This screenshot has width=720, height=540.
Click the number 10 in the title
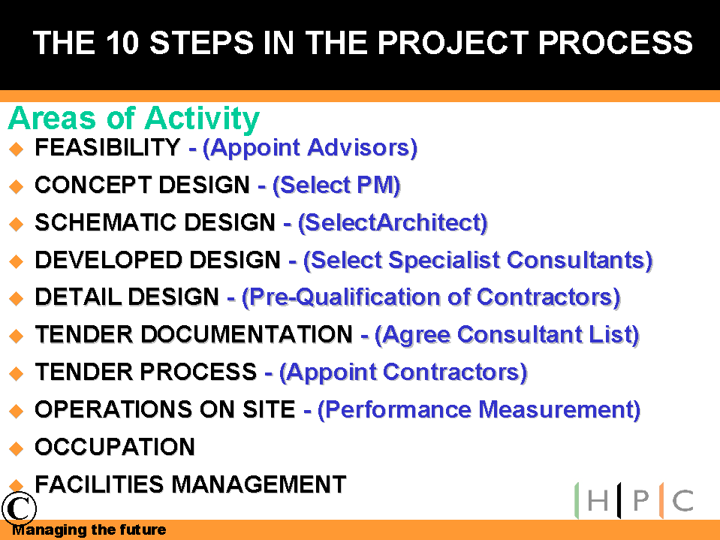(122, 43)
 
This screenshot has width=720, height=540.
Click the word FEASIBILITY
(107, 147)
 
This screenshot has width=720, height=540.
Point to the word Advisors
(363, 148)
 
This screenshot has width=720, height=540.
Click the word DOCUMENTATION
(246, 334)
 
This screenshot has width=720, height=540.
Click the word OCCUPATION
(115, 447)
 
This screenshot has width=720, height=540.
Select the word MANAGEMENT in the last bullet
(259, 484)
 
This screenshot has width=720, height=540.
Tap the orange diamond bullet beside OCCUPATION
(16, 448)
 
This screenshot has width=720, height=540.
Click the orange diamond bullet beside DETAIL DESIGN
(16, 298)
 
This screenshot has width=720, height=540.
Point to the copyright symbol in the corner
(19, 508)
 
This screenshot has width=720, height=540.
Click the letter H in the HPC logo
(598, 500)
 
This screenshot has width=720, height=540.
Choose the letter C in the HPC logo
(682, 500)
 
